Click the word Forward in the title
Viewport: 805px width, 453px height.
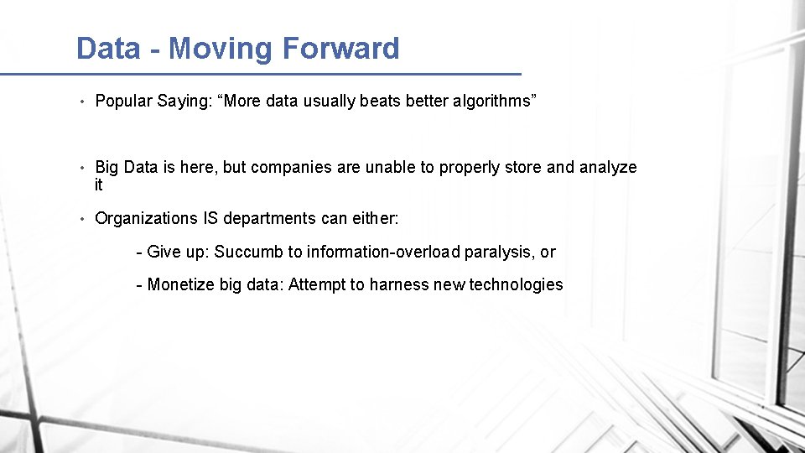340,49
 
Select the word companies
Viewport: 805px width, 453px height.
291,168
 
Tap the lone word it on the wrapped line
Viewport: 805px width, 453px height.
99,185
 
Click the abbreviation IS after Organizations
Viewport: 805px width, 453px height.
210,219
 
